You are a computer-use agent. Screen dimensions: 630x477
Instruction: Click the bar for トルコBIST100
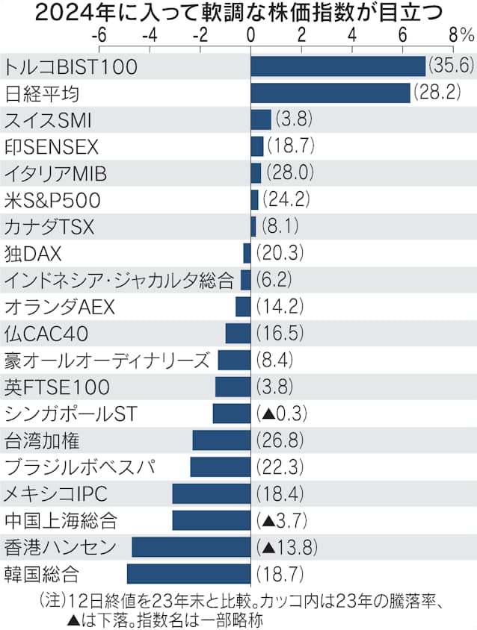338,66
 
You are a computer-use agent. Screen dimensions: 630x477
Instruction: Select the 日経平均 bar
330,93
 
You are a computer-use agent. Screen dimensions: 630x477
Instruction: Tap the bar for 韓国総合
188,574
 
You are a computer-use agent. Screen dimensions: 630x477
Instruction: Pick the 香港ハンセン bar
191,547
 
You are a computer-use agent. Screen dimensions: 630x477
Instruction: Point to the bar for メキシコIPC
212,493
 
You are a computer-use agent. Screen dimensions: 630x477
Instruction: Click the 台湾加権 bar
221,440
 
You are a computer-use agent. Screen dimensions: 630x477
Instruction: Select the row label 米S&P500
52,200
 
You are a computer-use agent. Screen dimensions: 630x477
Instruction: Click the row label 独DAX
33,253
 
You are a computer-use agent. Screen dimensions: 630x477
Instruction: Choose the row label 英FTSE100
58,387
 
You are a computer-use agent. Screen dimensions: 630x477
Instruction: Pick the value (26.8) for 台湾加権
280,440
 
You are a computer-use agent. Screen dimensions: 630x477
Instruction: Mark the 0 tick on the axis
250,35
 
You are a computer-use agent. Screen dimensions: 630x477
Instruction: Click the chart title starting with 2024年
238,12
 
